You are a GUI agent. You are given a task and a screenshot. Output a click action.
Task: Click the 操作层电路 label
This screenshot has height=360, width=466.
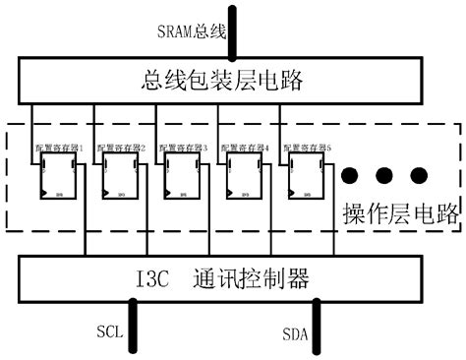[400, 214]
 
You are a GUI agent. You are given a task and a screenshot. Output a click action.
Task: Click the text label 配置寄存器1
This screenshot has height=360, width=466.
[61, 148]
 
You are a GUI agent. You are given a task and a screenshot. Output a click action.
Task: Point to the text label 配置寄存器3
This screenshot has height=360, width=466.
[185, 148]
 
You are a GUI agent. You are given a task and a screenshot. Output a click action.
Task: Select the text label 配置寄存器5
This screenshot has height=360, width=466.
[309, 148]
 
